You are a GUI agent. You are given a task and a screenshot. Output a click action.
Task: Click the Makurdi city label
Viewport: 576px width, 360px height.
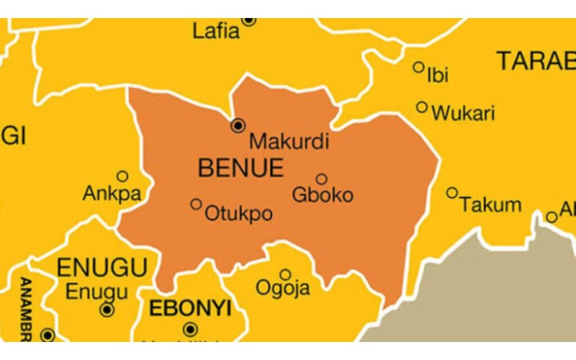[x=287, y=141]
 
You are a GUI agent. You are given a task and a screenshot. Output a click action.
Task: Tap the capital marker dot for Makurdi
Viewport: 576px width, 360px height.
[x=238, y=126]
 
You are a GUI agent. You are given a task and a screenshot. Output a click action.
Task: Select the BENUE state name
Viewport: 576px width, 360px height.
[x=240, y=168]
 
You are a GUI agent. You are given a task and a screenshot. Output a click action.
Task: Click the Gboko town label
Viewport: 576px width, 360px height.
[x=323, y=194]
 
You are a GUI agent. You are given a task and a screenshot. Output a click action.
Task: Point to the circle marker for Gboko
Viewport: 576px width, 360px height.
[x=321, y=179]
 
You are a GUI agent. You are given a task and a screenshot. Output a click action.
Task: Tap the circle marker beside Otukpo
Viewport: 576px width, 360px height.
[x=196, y=204]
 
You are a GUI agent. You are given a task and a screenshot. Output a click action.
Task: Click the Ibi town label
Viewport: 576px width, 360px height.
[x=438, y=74]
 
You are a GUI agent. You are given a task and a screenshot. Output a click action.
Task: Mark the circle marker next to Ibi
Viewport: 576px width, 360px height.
[x=418, y=67]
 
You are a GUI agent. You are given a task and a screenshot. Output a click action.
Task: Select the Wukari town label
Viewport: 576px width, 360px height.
[x=463, y=113]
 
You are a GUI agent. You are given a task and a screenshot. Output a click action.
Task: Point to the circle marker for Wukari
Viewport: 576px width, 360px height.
[x=422, y=107]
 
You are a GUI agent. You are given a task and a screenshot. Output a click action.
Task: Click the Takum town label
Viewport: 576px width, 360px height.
[x=491, y=204]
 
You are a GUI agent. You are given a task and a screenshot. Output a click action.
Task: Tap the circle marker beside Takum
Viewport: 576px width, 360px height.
[x=452, y=192]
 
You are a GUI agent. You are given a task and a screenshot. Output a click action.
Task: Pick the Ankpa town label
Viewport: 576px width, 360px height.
[x=112, y=194]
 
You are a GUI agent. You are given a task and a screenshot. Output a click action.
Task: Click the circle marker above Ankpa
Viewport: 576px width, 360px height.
[x=122, y=176]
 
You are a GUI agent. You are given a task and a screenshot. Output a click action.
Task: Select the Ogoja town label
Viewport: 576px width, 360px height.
[x=283, y=289]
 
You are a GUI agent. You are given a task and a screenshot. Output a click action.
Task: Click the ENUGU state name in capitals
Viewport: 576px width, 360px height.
[x=102, y=267]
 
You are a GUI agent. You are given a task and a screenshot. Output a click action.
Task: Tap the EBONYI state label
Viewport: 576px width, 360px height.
[x=190, y=309]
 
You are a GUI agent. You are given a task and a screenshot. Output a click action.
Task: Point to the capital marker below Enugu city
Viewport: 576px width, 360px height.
[x=107, y=310]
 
